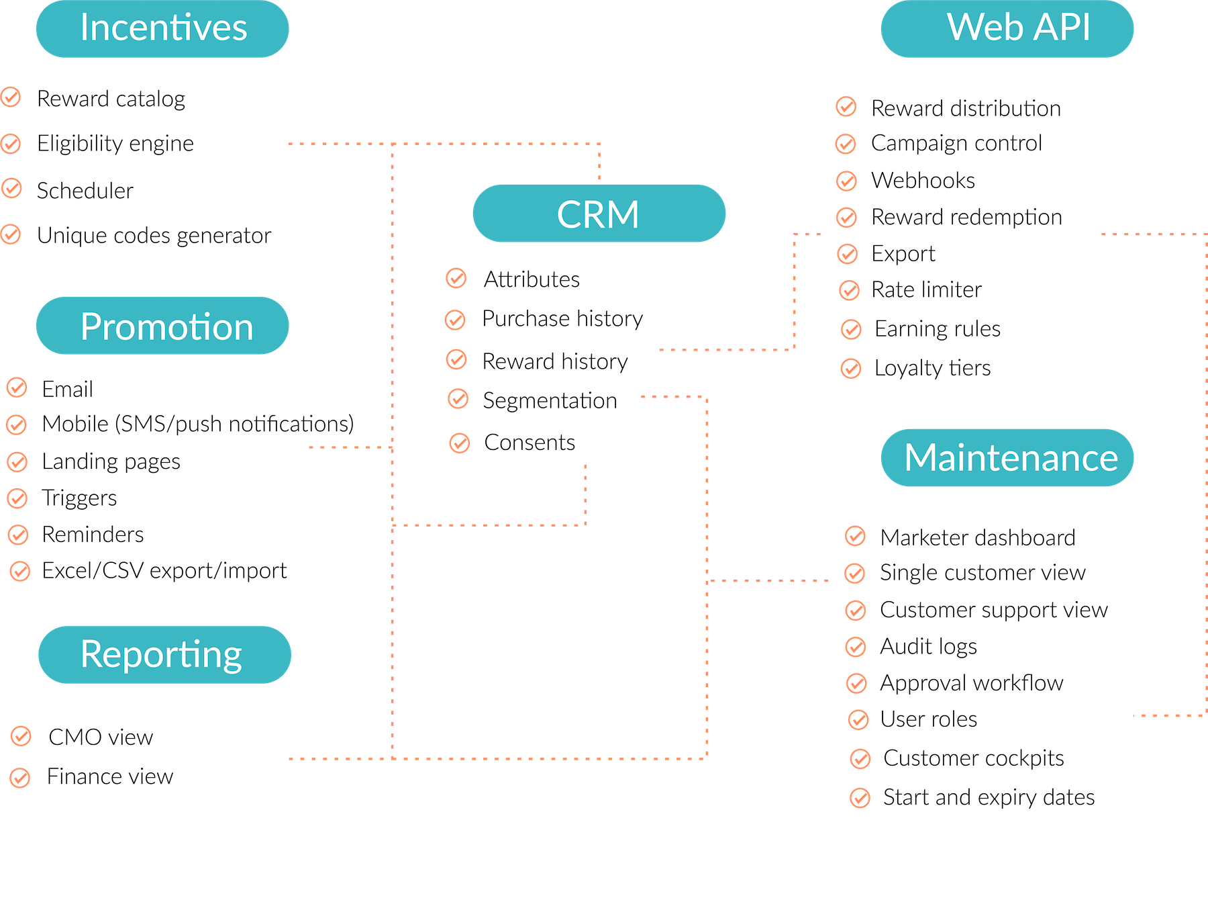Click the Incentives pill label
click(162, 29)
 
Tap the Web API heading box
click(1007, 29)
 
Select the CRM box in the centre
click(599, 214)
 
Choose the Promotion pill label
click(162, 326)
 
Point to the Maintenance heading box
click(1007, 457)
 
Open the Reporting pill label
click(164, 655)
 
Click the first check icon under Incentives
click(11, 97)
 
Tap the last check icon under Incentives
click(11, 234)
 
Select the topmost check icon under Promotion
click(17, 388)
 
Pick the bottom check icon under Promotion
click(19, 571)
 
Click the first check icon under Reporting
click(21, 735)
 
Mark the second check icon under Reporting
click(19, 778)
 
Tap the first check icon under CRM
click(456, 277)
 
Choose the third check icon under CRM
click(456, 359)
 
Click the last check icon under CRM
click(460, 443)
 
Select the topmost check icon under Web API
click(846, 106)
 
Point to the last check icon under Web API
click(851, 368)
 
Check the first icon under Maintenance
click(855, 535)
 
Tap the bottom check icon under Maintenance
click(860, 798)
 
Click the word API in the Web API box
click(1062, 28)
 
